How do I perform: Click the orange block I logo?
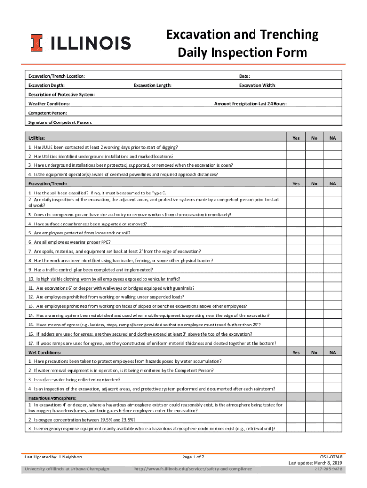[36, 43]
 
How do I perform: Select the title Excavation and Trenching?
[242, 35]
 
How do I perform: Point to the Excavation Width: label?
[257, 85]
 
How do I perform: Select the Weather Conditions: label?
[49, 103]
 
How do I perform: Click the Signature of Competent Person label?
[60, 122]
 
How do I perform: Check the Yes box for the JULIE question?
[296, 147]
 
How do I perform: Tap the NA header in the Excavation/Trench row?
[333, 183]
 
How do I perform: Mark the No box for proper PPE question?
[314, 242]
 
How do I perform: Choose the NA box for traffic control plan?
[333, 269]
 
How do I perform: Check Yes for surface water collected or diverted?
[296, 379]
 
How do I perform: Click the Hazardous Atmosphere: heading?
[52, 398]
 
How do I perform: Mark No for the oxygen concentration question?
[314, 419]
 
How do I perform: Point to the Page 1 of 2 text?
[196, 457]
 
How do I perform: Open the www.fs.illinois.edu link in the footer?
[193, 469]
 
